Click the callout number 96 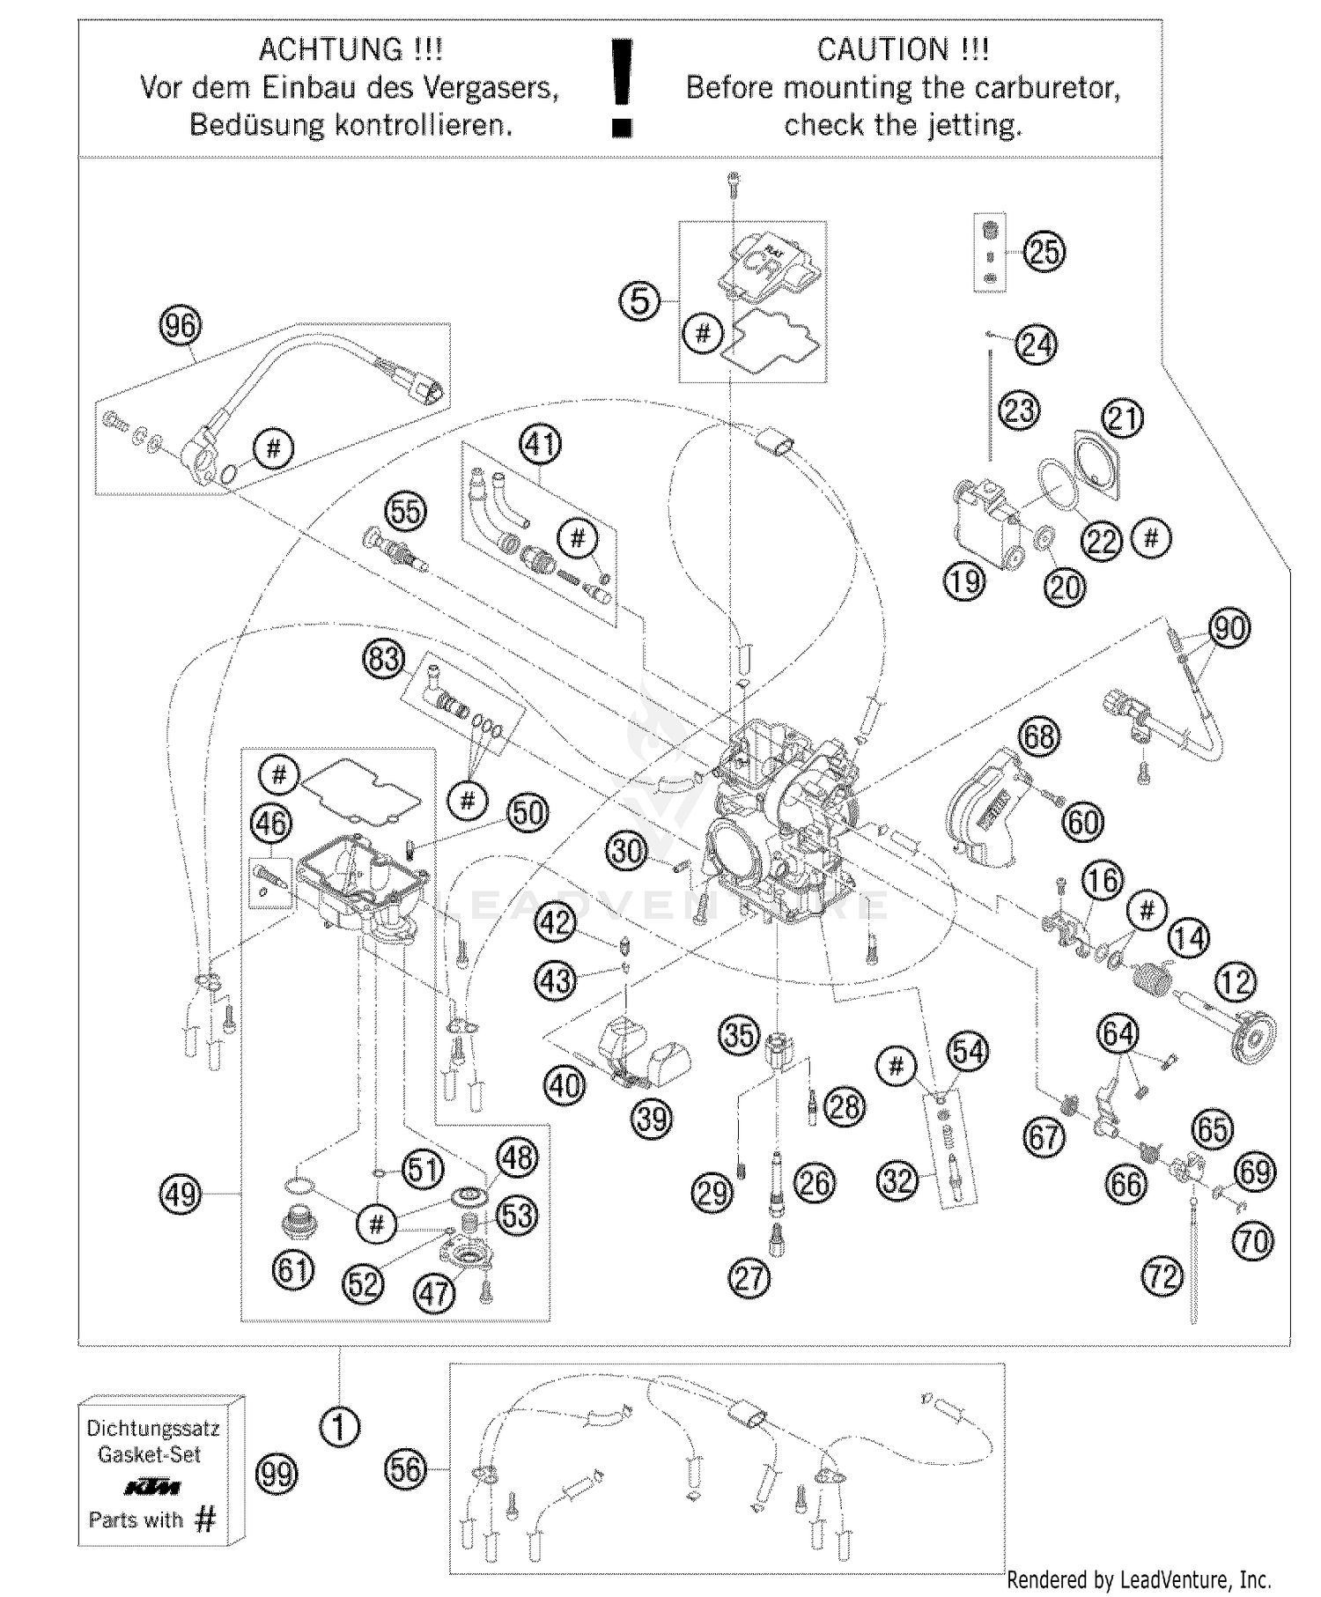(x=180, y=326)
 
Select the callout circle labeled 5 (x=639, y=301)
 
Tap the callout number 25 (x=1044, y=252)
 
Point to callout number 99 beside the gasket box (x=276, y=1474)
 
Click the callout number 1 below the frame (x=340, y=1426)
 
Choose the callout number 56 (x=406, y=1468)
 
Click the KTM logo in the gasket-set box (x=152, y=1488)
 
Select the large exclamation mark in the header (x=622, y=88)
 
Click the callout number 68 (x=1039, y=736)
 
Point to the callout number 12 (x=1236, y=981)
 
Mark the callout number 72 (x=1162, y=1275)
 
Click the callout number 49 (x=181, y=1194)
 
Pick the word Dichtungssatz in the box (x=153, y=1428)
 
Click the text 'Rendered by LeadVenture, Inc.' (x=1139, y=1579)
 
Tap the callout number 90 (x=1229, y=628)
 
